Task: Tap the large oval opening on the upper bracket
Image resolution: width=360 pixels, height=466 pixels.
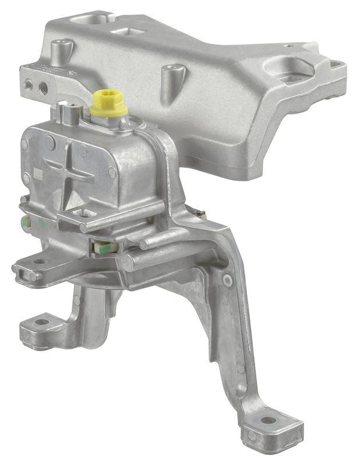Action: point(289,69)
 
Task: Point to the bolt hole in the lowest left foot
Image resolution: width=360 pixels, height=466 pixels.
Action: point(41,322)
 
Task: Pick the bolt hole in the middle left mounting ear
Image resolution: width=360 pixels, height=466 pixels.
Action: point(38,262)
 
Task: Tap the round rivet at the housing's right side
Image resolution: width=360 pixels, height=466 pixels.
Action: point(112,173)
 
